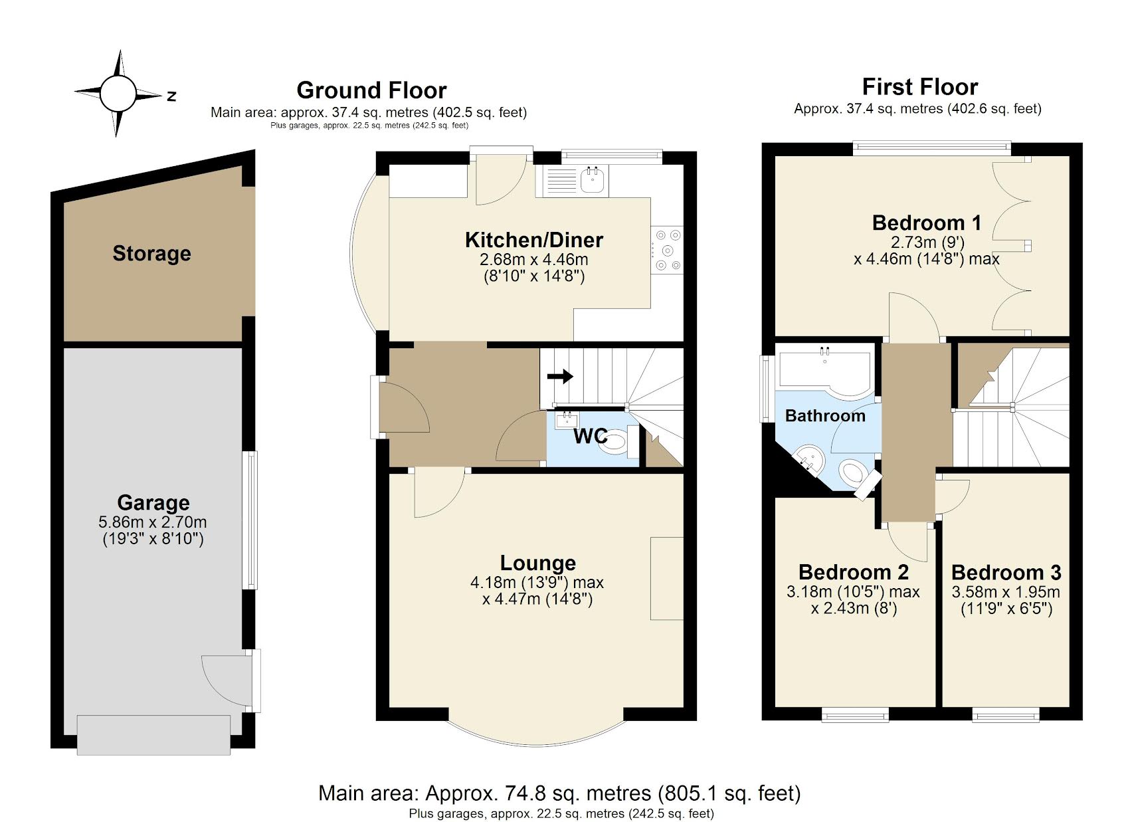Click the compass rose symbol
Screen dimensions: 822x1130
point(118,93)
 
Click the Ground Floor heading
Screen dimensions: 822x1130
point(371,90)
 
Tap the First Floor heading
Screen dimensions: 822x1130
point(919,87)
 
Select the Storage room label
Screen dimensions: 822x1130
point(151,253)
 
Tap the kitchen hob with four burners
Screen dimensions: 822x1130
point(668,250)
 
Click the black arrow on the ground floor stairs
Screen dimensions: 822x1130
point(559,377)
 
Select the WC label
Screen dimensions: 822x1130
point(590,436)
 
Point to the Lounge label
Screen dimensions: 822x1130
point(537,563)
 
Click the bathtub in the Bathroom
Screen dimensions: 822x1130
point(824,370)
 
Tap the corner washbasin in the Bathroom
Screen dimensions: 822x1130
point(809,458)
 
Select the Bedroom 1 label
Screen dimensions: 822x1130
point(926,223)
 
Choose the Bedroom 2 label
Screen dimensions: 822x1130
point(854,572)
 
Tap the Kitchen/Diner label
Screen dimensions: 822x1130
point(533,240)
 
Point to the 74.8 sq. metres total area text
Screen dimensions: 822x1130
point(559,793)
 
